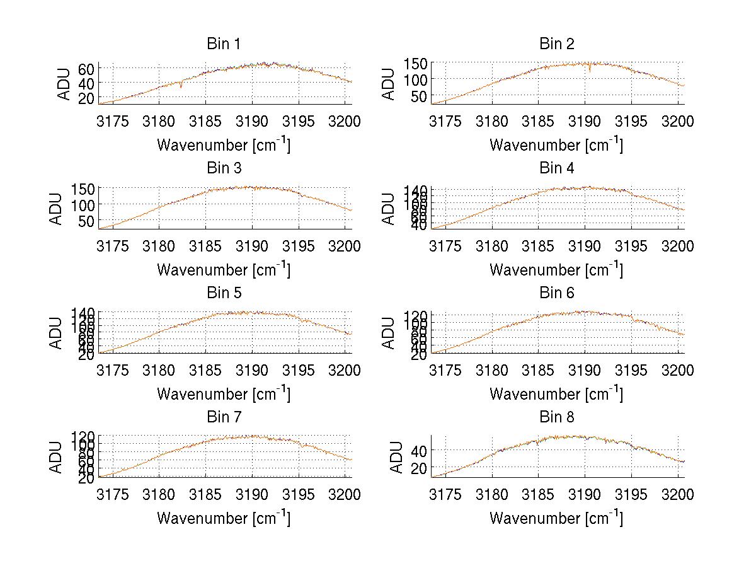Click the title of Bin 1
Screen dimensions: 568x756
click(223, 44)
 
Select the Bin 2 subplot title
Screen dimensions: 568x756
click(556, 44)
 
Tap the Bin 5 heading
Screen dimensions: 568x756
click(223, 293)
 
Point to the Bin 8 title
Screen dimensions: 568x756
click(556, 417)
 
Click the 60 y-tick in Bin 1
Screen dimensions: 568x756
click(86, 69)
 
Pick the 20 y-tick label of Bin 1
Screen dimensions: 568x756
click(86, 98)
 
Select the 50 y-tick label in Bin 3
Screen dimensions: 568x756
click(86, 221)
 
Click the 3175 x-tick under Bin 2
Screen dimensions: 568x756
click(445, 121)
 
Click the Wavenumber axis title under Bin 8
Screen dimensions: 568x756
click(556, 518)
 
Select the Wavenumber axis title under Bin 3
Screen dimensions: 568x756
click(223, 269)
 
